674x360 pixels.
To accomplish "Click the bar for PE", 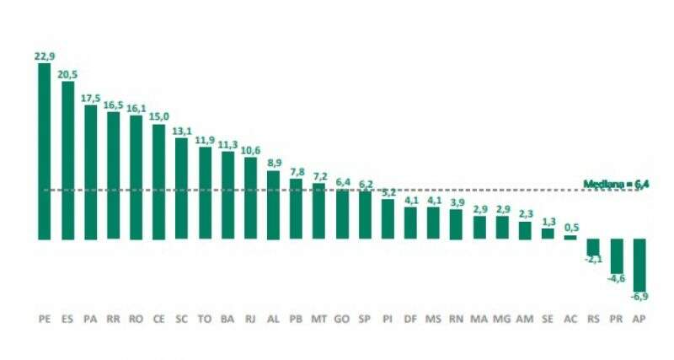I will pyautogui.click(x=45, y=152).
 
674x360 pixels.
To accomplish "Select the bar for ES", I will pyautogui.click(x=67, y=160).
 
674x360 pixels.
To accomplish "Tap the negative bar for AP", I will pyautogui.click(x=639, y=265).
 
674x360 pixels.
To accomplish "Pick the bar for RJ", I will pyautogui.click(x=250, y=198).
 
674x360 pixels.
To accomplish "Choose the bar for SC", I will pyautogui.click(x=181, y=188).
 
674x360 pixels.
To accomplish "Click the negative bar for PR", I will pyautogui.click(x=616, y=256).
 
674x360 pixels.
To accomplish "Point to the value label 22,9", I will pyautogui.click(x=45, y=56).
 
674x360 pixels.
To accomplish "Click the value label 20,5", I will pyautogui.click(x=67, y=73).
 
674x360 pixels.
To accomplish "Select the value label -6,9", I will pyautogui.click(x=639, y=298).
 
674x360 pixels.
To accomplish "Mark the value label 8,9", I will pyautogui.click(x=273, y=163).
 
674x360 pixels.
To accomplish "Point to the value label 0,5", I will pyautogui.click(x=570, y=228).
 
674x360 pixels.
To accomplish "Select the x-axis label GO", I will pyautogui.click(x=341, y=320).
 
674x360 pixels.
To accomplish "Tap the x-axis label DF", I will pyautogui.click(x=410, y=320).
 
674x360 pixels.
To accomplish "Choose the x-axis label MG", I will pyautogui.click(x=501, y=320).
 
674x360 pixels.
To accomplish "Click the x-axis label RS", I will pyautogui.click(x=593, y=320).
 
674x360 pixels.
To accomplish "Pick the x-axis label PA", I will pyautogui.click(x=90, y=320).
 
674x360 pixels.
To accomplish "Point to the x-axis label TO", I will pyautogui.click(x=205, y=320).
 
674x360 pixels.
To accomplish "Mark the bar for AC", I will pyautogui.click(x=570, y=237).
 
